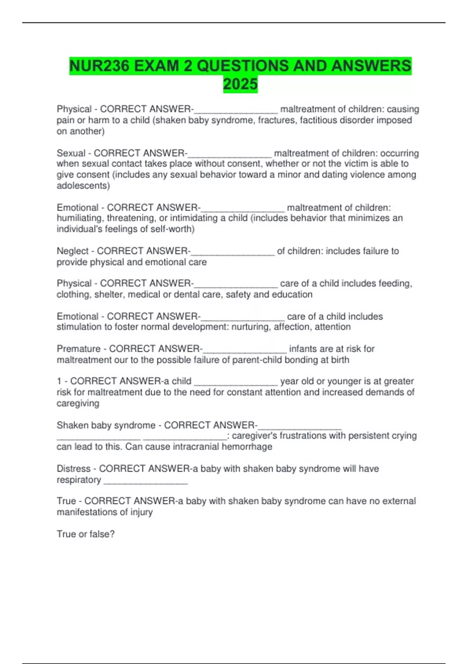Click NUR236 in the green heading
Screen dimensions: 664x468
pos(99,66)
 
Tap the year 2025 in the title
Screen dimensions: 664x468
pos(240,84)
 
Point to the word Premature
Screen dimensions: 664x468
pos(79,349)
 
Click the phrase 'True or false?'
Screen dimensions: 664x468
pos(86,534)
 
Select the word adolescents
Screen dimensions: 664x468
pos(82,186)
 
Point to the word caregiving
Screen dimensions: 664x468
pos(78,403)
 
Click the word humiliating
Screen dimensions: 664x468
pos(80,218)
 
